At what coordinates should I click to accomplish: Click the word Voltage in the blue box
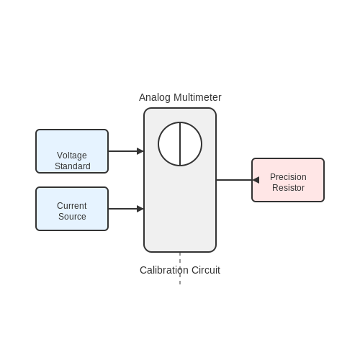pos(72,156)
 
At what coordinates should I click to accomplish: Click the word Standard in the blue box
pos(73,166)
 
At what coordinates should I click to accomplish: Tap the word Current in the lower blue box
pos(72,206)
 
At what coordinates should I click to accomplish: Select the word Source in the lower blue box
pos(72,217)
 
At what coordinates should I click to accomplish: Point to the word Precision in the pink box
pos(288,177)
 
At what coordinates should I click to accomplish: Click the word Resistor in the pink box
pos(288,188)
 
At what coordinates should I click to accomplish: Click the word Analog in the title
pos(155,98)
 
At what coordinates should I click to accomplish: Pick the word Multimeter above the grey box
pos(197,97)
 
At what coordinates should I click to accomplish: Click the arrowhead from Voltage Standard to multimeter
pos(140,151)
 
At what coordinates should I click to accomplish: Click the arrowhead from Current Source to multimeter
pos(140,209)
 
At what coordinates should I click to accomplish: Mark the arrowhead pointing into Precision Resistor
pos(256,180)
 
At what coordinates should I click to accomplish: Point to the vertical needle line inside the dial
pos(180,144)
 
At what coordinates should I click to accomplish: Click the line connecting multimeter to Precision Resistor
pos(234,180)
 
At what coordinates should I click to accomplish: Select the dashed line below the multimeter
pos(180,269)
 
